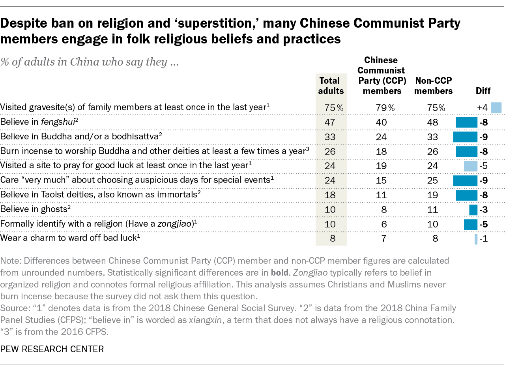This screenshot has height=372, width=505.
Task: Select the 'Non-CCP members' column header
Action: point(434,86)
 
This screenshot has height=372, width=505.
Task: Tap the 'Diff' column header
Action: point(483,91)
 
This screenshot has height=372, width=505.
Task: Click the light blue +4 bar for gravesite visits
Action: point(496,108)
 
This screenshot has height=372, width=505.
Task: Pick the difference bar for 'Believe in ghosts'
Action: point(473,210)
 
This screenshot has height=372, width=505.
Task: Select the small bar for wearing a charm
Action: point(476,239)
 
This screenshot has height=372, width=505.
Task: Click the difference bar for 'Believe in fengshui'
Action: point(466,122)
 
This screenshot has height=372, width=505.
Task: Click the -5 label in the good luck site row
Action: point(484,166)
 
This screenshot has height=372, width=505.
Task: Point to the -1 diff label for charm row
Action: point(484,239)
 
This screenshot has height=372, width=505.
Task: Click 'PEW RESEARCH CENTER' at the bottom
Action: point(52,349)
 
